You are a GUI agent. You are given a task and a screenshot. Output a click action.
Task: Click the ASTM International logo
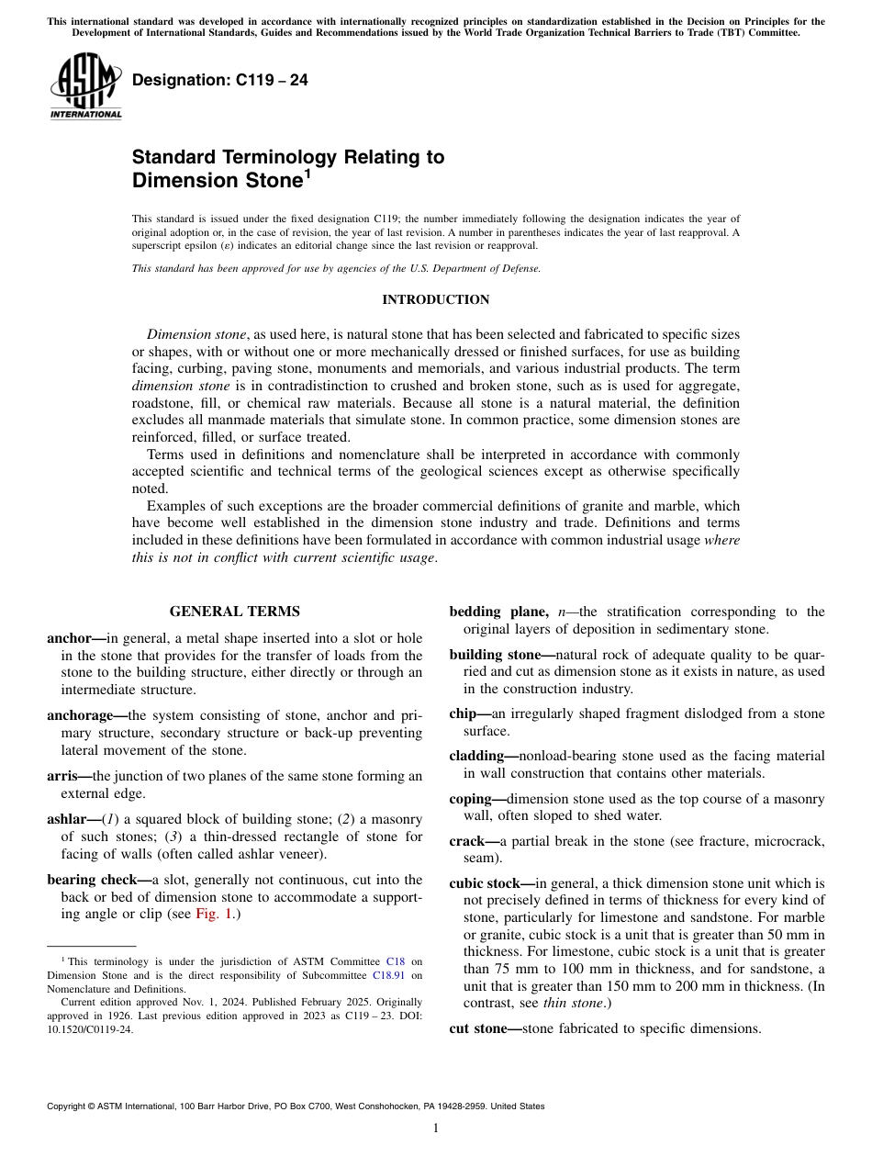(x=85, y=87)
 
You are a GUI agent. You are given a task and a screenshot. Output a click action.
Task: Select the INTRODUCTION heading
(x=435, y=300)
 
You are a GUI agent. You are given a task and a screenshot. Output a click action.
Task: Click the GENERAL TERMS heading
(x=234, y=612)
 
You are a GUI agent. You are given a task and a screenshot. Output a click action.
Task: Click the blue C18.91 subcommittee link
(x=390, y=975)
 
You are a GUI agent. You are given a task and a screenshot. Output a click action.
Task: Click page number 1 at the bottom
(x=435, y=1129)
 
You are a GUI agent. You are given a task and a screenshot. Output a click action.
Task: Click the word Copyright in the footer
(x=68, y=1106)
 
